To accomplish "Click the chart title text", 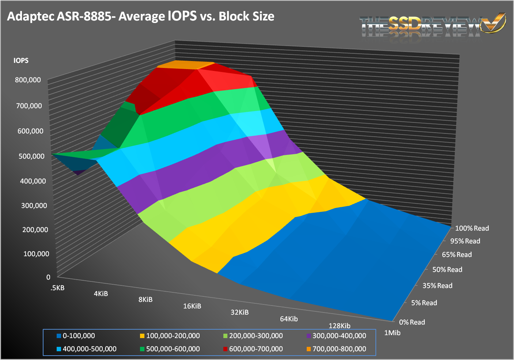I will (x=141, y=16).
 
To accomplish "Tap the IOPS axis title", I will (x=21, y=61).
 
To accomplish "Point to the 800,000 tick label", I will (x=28, y=80).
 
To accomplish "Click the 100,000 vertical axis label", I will (x=36, y=254).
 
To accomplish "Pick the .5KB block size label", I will (x=58, y=288).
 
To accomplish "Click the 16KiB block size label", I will (x=192, y=306).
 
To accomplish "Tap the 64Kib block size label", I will (x=289, y=319).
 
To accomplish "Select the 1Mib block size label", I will (x=392, y=333).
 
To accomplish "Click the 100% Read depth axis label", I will (x=472, y=228).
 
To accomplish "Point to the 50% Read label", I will (x=447, y=270).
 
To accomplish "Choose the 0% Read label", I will (x=412, y=322).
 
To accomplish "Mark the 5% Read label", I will (x=424, y=303).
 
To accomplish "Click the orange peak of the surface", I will (x=185, y=65).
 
